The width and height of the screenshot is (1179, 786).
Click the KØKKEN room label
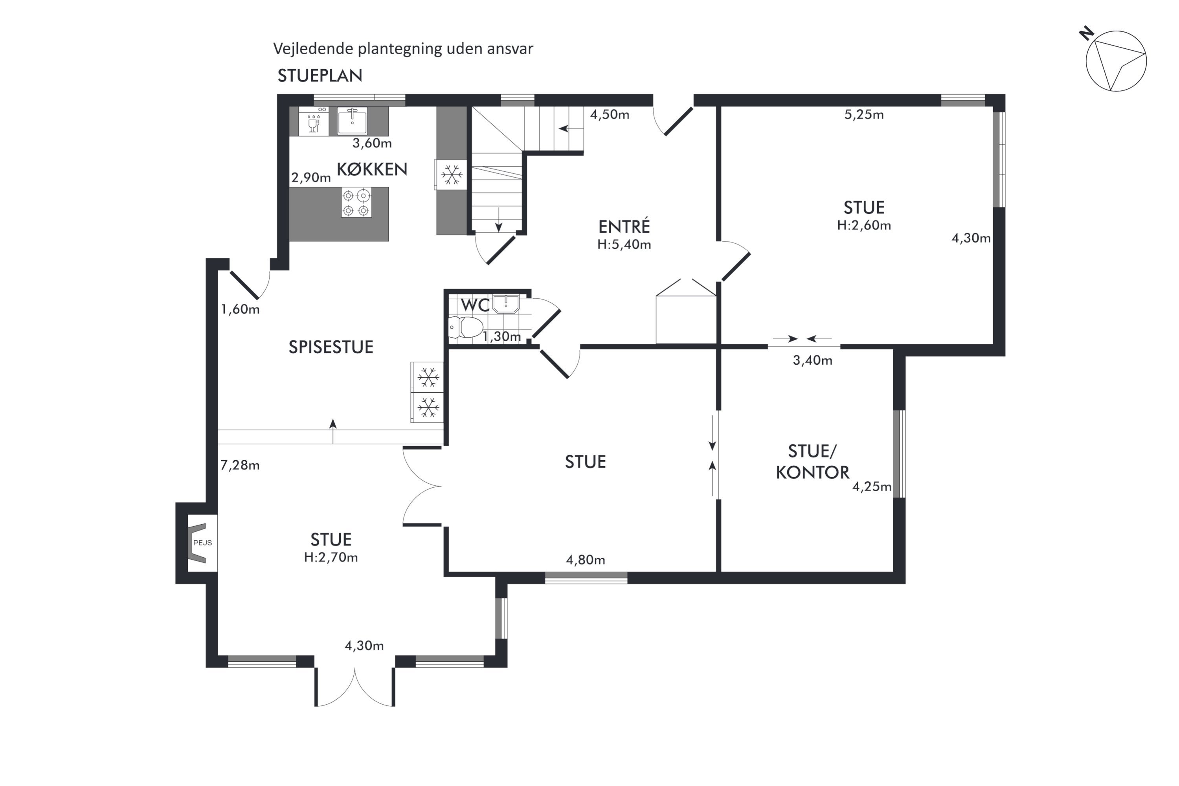(x=371, y=169)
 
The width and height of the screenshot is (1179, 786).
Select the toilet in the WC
(x=466, y=327)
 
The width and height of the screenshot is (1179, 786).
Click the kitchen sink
(x=352, y=120)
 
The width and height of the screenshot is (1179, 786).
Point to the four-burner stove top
(x=356, y=202)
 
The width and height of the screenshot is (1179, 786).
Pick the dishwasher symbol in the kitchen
(x=314, y=121)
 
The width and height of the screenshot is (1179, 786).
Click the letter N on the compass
(x=1087, y=34)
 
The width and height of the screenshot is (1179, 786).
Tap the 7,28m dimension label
(x=240, y=465)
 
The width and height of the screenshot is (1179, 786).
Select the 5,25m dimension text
(x=864, y=115)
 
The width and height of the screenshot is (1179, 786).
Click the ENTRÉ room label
(x=624, y=227)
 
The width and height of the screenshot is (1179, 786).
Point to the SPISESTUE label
(x=331, y=347)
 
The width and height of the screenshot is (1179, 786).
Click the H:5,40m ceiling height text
(x=624, y=244)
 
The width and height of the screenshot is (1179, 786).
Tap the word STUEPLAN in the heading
(x=320, y=76)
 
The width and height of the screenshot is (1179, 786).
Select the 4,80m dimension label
(x=586, y=560)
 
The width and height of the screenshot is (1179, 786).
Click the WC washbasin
(x=506, y=304)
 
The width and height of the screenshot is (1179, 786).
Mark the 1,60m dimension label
(x=240, y=309)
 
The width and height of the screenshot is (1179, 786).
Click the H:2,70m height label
(x=331, y=557)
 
